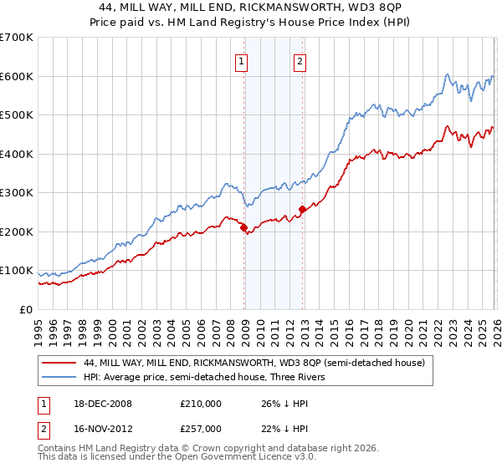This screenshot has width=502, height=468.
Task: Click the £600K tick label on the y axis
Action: click(17, 76)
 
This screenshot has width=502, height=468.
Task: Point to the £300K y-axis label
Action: click(17, 193)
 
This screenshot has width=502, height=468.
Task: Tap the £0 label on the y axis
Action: click(27, 309)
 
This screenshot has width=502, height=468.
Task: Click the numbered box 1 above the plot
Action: click(241, 59)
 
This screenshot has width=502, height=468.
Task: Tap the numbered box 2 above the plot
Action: click(300, 59)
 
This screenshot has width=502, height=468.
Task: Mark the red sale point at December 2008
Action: click(243, 227)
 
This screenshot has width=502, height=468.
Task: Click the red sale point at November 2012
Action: click(302, 209)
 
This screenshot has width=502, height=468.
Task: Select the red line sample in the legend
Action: click(59, 363)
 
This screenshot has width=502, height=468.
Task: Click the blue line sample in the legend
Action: click(59, 377)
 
